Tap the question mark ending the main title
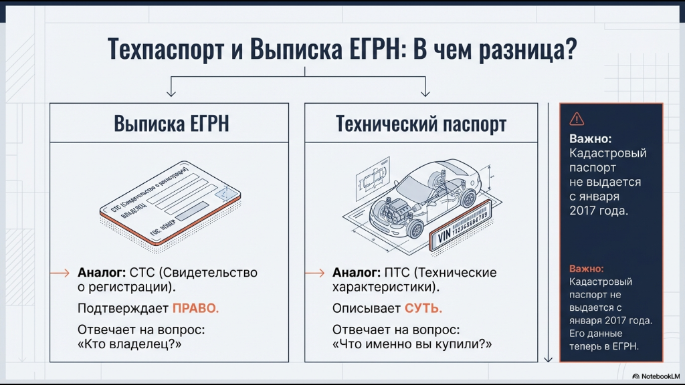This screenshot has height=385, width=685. (x=571, y=50)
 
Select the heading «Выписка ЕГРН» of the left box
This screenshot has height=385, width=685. (x=171, y=124)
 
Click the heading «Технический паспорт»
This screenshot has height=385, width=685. (x=421, y=124)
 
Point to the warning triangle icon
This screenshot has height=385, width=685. (x=576, y=119)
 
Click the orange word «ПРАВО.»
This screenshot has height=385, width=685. (x=196, y=309)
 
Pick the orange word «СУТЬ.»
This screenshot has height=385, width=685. (x=423, y=309)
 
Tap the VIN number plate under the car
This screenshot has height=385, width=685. (x=462, y=227)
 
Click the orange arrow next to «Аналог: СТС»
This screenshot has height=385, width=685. (x=60, y=273)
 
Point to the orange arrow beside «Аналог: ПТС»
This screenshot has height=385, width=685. (x=315, y=273)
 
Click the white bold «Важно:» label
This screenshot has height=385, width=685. (x=590, y=140)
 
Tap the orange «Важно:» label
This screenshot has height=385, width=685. (x=587, y=269)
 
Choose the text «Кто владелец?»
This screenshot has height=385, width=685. (x=130, y=345)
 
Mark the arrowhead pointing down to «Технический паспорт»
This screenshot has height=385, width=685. (x=423, y=93)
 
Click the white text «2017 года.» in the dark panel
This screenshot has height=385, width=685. (x=598, y=211)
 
